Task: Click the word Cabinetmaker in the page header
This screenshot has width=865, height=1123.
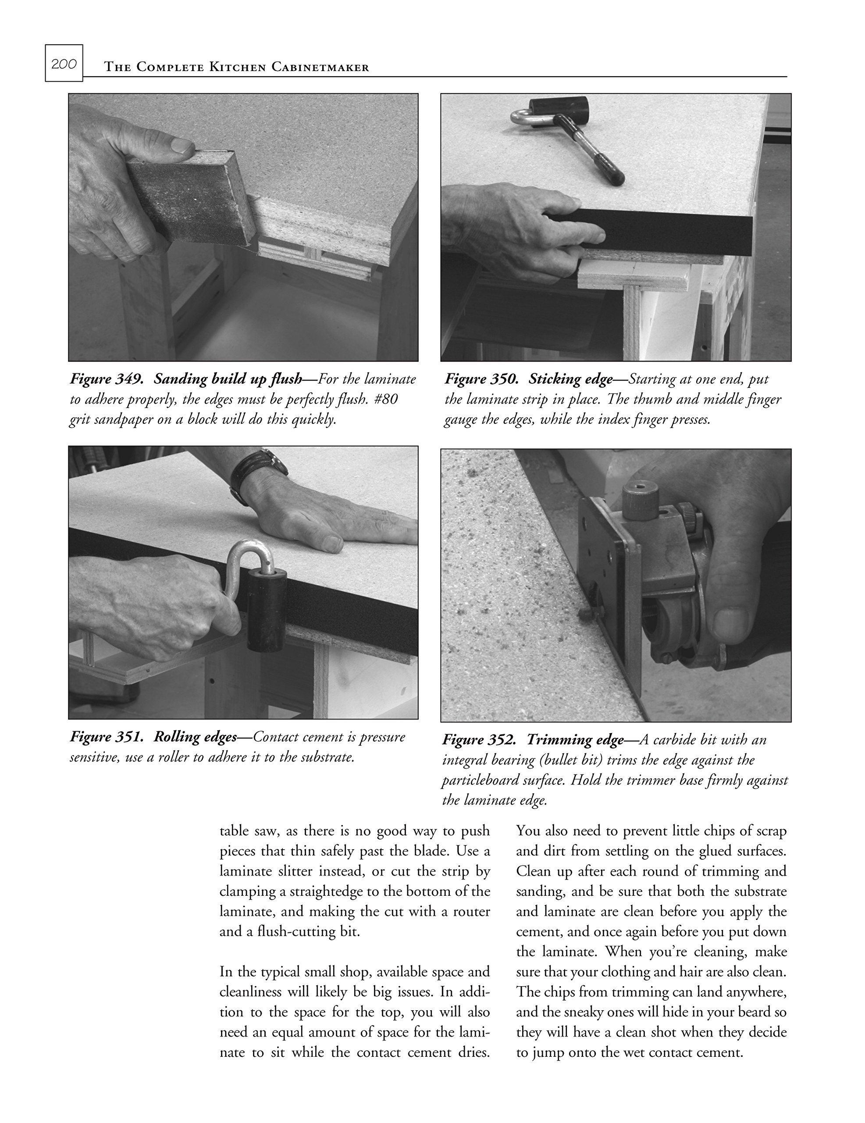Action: [x=320, y=68]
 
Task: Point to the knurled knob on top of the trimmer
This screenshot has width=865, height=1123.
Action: [x=641, y=498]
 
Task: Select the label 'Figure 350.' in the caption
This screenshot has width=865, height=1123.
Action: [x=481, y=379]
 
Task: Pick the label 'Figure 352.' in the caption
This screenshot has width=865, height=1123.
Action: [x=479, y=740]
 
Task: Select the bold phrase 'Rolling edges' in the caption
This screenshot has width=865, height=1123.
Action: [x=195, y=737]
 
